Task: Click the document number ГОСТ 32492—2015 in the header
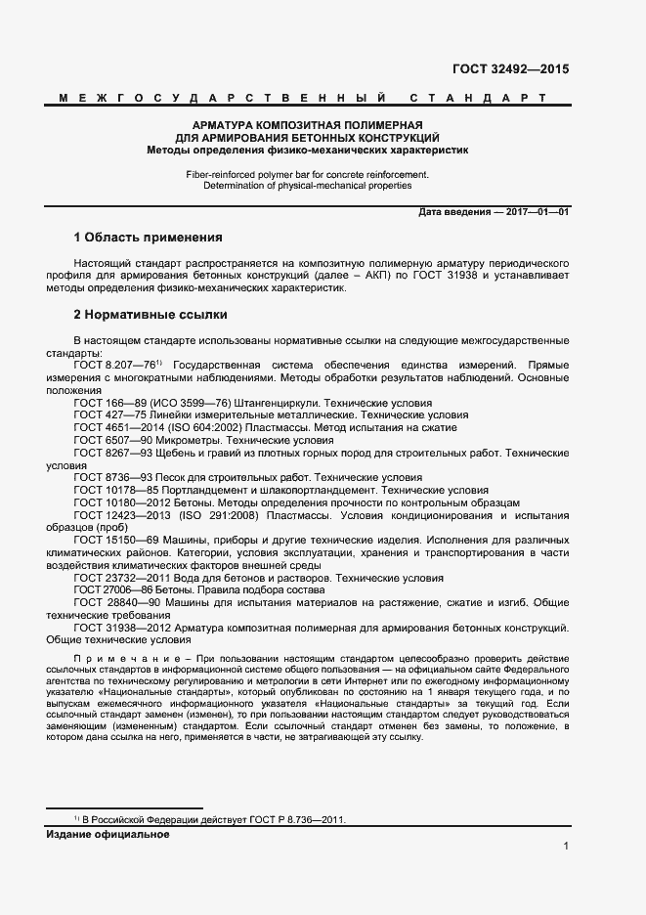point(510,69)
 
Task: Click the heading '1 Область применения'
point(149,238)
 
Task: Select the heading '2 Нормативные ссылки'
point(151,316)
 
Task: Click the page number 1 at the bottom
point(566,847)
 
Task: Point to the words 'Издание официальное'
point(108,834)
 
